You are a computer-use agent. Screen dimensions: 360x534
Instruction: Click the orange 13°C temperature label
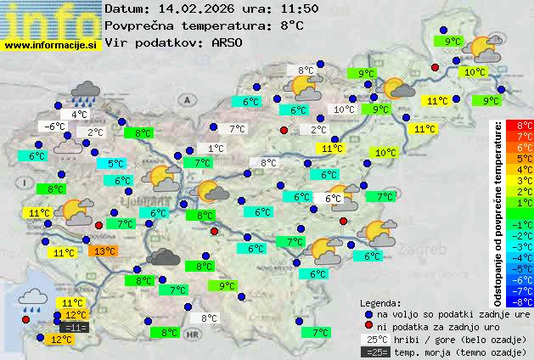104,251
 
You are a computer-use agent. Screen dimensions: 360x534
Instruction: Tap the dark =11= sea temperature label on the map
75,327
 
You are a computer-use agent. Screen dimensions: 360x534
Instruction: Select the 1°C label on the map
216,149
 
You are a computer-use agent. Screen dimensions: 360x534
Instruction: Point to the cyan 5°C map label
115,164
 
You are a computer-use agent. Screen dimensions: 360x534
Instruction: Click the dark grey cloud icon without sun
163,258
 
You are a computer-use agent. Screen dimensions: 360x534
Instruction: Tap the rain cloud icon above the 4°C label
86,92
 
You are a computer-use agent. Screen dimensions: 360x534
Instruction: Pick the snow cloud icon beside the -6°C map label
69,149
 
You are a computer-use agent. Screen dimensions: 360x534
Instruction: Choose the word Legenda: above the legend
381,303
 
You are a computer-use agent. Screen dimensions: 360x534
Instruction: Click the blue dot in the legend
368,314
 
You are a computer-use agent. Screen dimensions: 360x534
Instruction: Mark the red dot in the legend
368,327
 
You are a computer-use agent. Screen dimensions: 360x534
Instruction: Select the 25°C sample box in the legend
374,340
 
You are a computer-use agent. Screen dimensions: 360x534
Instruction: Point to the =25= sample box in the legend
374,352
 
